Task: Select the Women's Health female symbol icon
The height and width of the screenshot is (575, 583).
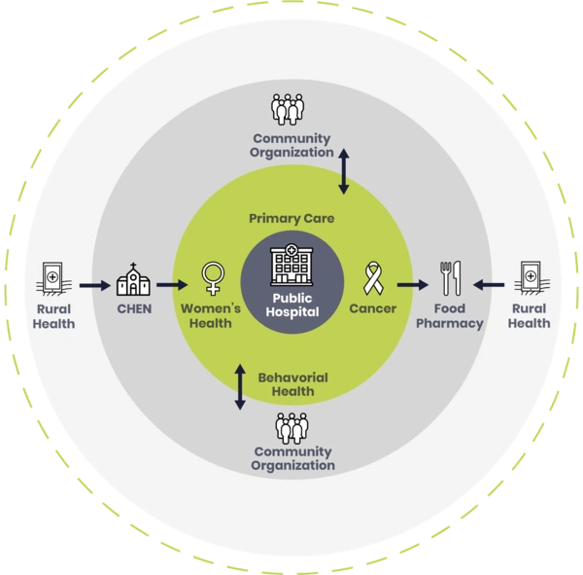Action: tap(211, 279)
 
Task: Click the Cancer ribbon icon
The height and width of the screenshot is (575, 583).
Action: tap(372, 279)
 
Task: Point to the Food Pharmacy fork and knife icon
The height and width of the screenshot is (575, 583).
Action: tap(449, 279)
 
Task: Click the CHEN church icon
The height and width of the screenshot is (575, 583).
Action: tap(133, 280)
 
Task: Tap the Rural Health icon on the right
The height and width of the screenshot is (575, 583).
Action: tap(531, 279)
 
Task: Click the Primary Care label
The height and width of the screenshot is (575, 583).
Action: tap(291, 219)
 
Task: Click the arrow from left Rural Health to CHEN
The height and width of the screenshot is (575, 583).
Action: tap(93, 286)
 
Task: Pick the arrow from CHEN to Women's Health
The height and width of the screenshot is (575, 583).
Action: tap(171, 286)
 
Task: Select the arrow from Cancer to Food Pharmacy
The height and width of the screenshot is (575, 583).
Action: tap(412, 286)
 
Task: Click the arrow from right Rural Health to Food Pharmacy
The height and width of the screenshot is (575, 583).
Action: tap(490, 286)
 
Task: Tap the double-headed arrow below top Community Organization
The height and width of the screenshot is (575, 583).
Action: tap(344, 170)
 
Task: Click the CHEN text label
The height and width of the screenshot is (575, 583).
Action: tap(133, 309)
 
